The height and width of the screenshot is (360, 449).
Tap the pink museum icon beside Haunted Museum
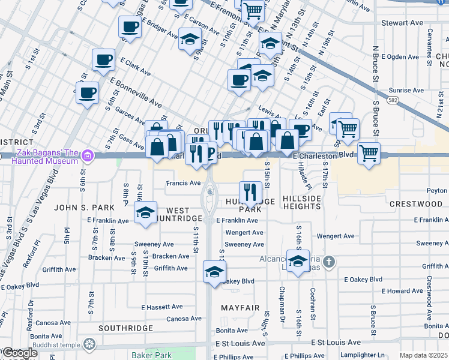[x=88, y=157]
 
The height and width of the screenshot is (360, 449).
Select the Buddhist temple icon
[x=89, y=344]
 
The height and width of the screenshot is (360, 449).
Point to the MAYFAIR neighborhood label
[x=240, y=308]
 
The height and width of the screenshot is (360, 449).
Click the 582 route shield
[x=393, y=100]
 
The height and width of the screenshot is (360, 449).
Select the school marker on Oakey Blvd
[x=214, y=271]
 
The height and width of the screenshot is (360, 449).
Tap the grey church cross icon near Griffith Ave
[x=328, y=262]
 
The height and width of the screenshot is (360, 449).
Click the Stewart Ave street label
[x=402, y=23]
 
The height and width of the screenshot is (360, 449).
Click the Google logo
[x=20, y=353]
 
